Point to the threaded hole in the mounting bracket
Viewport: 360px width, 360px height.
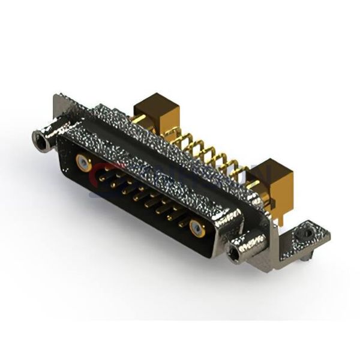[x=308, y=230]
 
